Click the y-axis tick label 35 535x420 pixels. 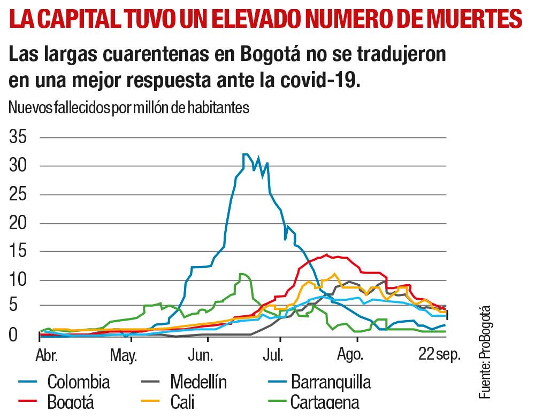pos(18,138)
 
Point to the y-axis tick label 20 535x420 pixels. pos(18,223)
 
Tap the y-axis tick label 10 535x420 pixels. pos(18,281)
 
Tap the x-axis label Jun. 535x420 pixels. pos(201,355)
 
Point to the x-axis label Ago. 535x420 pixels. pos(351,355)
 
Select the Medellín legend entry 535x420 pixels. pos(198,382)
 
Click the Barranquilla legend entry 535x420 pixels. pos(331,382)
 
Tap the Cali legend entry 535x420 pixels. pos(182,402)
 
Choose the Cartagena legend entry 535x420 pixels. pos(324,402)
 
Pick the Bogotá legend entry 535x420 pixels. pos(71,402)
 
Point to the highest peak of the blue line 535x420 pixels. pos(245,154)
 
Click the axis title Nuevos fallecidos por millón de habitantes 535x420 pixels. pos(129,107)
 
